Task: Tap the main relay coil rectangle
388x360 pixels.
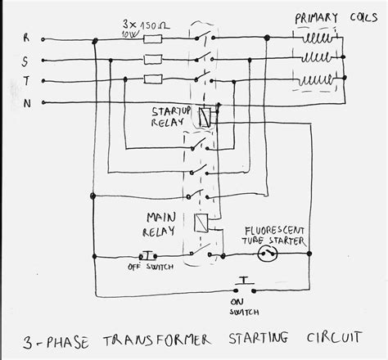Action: tap(202, 222)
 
